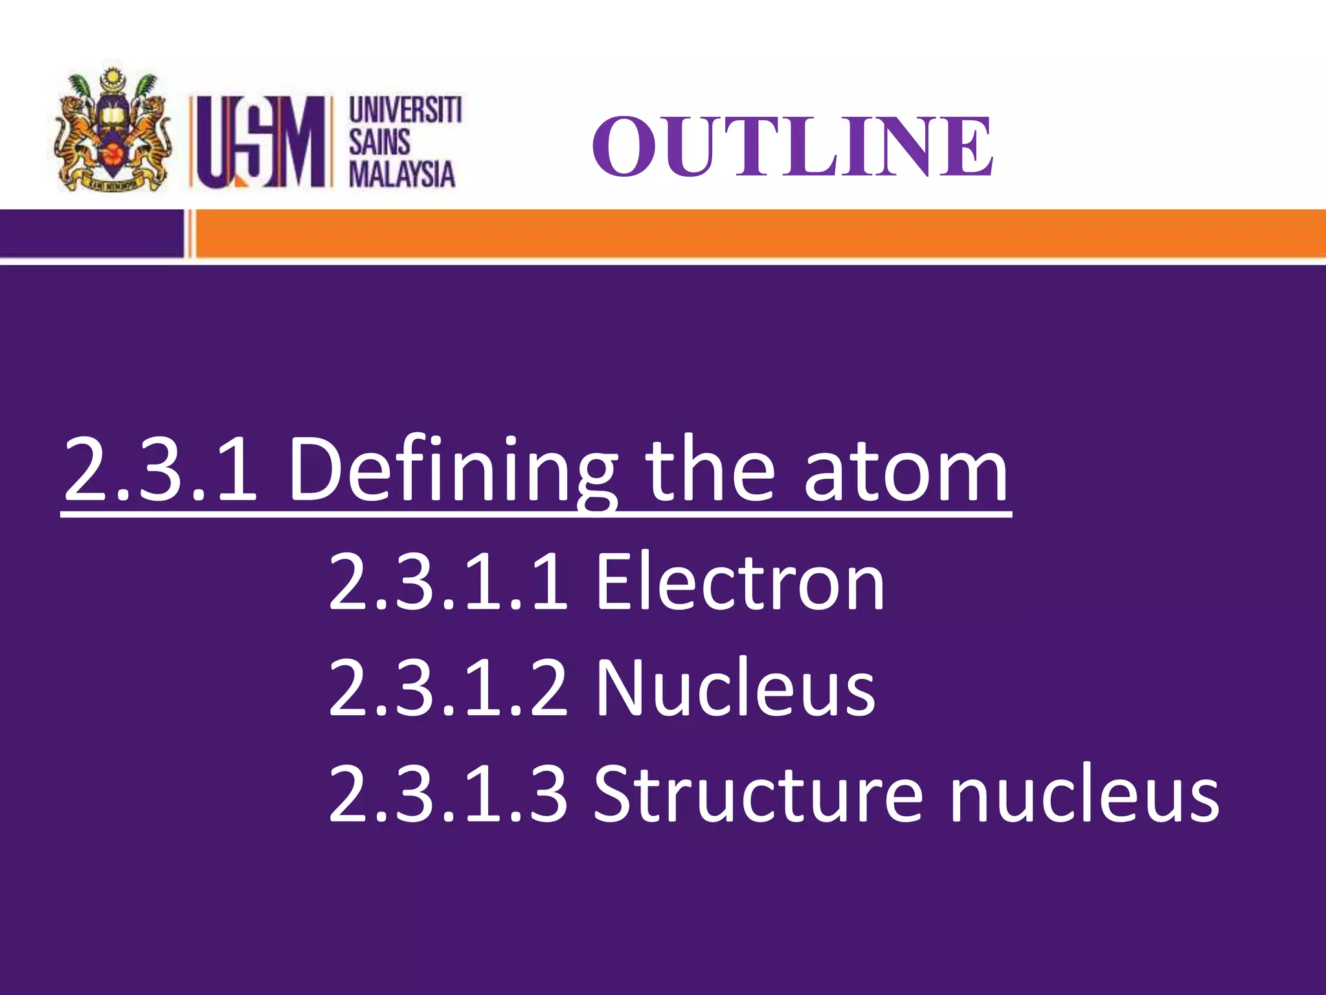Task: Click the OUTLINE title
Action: tap(792, 146)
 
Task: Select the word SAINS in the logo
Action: tap(379, 142)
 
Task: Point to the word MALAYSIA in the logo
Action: tap(402, 174)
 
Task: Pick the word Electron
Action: tap(739, 581)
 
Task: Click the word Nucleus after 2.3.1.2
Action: tap(736, 687)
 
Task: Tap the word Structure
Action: tap(758, 794)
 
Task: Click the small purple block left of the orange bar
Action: tap(91, 234)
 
